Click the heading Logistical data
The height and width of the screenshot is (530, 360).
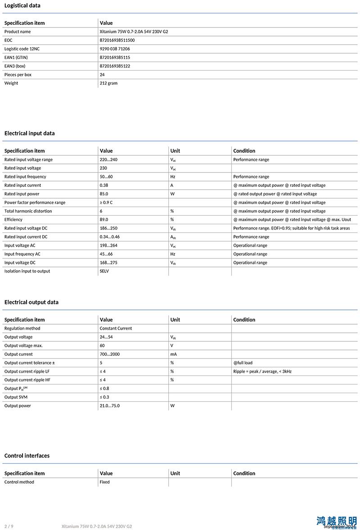(22, 5)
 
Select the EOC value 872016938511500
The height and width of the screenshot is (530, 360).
(117, 40)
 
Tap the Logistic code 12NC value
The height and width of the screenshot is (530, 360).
(115, 49)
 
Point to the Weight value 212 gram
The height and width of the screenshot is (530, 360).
(108, 83)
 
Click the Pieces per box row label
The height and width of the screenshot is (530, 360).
(18, 75)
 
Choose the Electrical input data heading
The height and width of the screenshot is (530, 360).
(29, 133)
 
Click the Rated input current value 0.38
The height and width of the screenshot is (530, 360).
(104, 185)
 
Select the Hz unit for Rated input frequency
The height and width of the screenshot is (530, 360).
(173, 177)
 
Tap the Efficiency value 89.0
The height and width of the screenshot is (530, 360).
(104, 220)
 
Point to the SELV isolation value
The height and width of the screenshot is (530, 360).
(104, 271)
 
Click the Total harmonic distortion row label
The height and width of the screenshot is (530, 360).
(28, 211)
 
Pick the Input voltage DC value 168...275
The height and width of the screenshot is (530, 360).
(108, 263)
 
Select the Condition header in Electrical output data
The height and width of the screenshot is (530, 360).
(244, 320)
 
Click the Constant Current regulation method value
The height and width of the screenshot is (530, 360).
(116, 328)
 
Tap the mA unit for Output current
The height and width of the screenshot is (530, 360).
(173, 354)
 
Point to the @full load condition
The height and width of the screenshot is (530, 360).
(243, 363)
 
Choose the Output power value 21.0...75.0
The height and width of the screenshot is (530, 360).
(110, 406)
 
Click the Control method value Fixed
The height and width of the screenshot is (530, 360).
(104, 482)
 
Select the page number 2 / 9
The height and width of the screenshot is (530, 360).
(9, 526)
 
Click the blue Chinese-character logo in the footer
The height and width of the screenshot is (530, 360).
(336, 521)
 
